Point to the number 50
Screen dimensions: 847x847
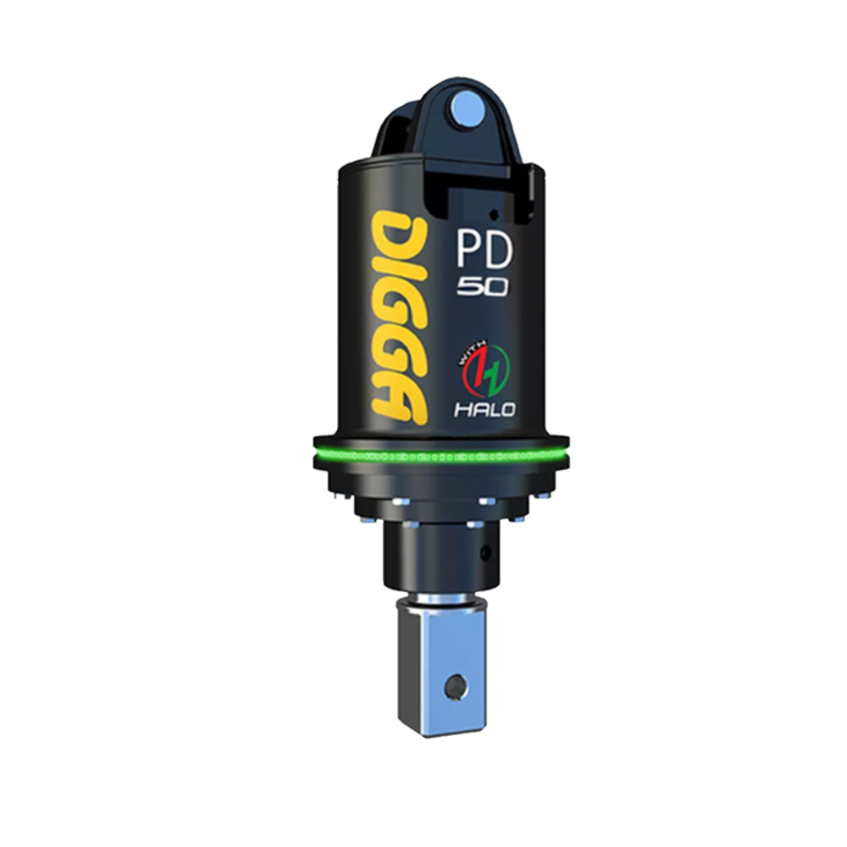pyautogui.click(x=483, y=287)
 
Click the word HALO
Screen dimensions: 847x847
pyautogui.click(x=484, y=409)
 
